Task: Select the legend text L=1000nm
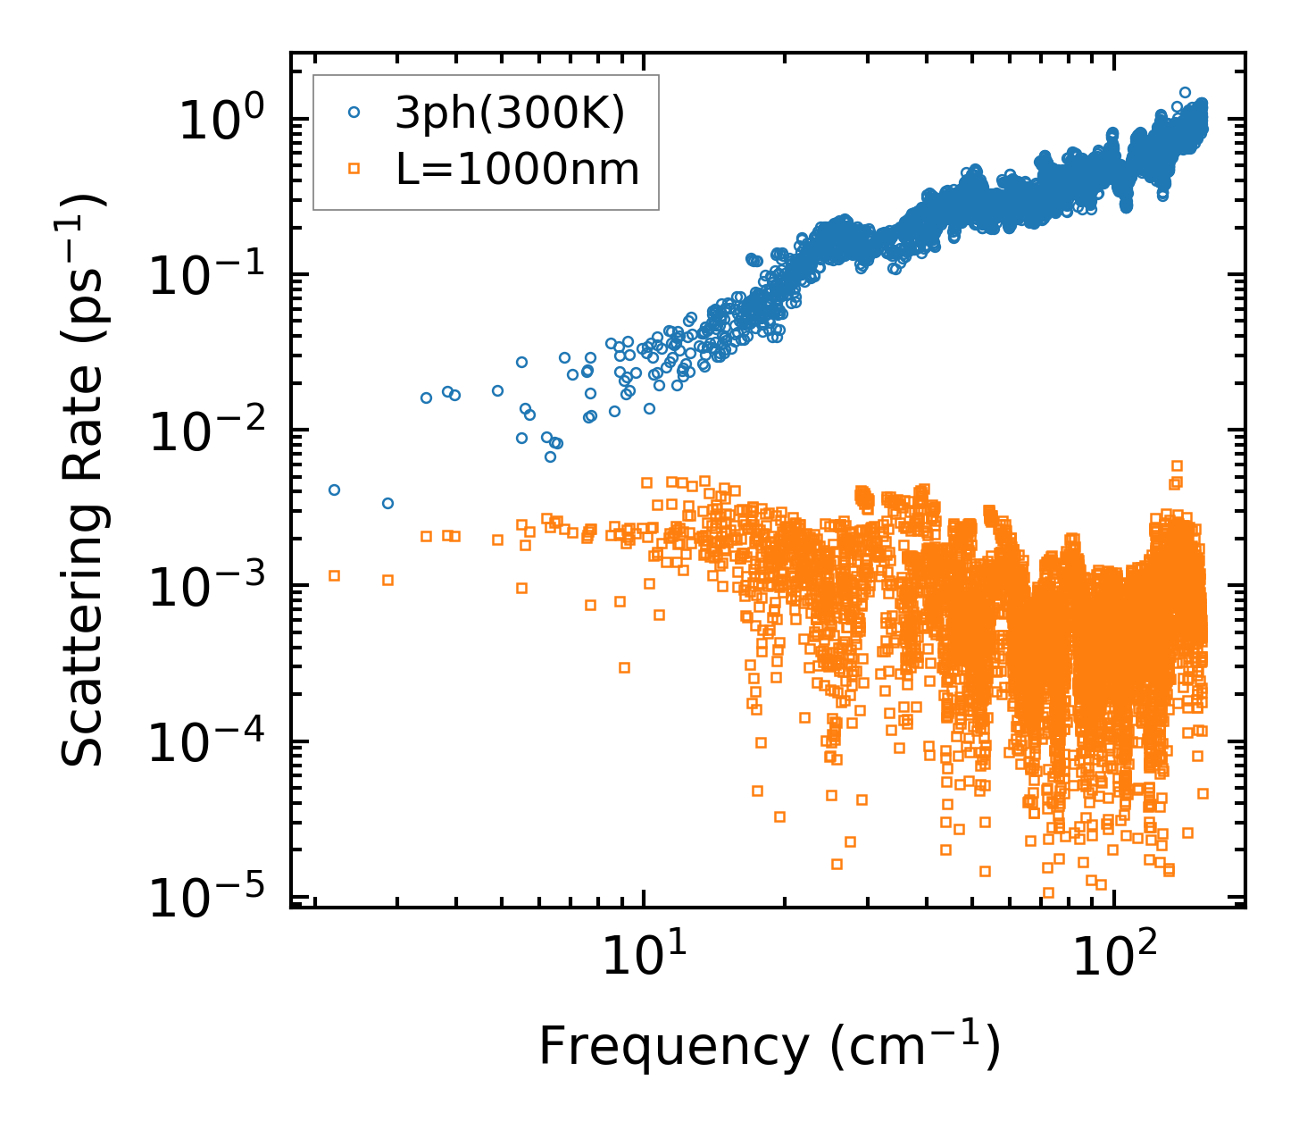point(517,169)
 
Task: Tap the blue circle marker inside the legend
point(354,113)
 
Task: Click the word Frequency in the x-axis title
point(672,1046)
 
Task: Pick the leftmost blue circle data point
point(334,490)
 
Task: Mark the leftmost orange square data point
point(334,575)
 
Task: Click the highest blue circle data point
point(1185,92)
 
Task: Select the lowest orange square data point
point(1048,892)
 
